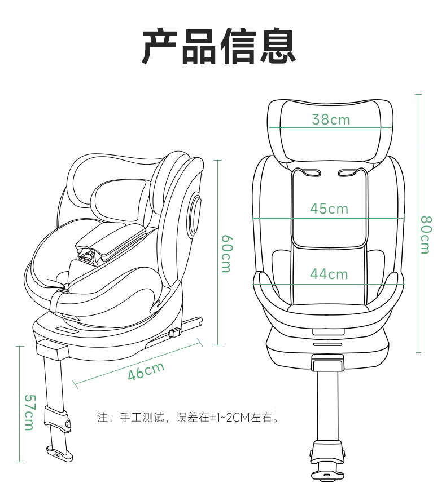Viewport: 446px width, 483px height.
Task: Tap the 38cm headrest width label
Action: coord(331,119)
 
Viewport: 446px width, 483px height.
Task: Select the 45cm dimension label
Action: coord(329,209)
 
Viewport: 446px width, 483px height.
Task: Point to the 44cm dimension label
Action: coord(329,274)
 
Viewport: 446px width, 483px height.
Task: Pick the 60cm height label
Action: coord(226,253)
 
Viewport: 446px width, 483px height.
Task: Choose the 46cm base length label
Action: coord(146,371)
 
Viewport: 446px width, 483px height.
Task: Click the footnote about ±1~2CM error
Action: coord(189,418)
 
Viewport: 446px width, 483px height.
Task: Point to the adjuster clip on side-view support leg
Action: coord(58,420)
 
